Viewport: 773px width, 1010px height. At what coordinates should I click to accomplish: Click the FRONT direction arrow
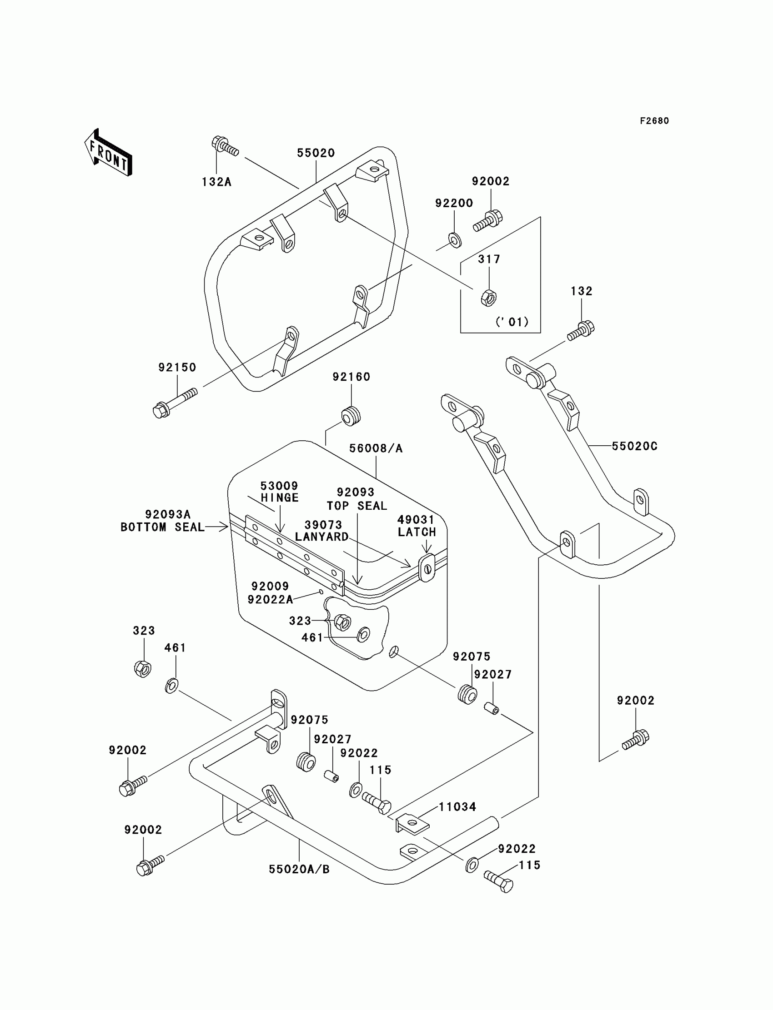(x=109, y=153)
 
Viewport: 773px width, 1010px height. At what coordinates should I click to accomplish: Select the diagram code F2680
(x=654, y=121)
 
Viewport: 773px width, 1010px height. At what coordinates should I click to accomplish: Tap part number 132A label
(x=216, y=182)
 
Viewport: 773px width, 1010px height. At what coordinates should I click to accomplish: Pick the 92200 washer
(x=455, y=240)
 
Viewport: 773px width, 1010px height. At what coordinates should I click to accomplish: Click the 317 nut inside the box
(x=488, y=298)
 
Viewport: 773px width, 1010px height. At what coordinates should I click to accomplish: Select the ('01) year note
(x=512, y=322)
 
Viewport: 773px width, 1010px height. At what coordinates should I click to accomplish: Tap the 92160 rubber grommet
(x=351, y=416)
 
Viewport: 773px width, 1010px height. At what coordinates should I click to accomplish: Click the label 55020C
(x=634, y=446)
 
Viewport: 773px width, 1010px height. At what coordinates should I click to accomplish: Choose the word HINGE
(x=280, y=498)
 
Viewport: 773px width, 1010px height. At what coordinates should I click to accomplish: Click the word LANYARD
(x=321, y=537)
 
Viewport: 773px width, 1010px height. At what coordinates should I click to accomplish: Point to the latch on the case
(x=427, y=568)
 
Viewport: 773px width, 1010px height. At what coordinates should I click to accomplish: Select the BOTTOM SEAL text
(x=162, y=527)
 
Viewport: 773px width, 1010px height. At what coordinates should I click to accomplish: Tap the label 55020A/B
(x=299, y=869)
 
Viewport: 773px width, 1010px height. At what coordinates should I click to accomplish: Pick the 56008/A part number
(x=376, y=448)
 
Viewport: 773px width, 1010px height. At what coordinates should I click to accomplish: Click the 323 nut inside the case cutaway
(x=342, y=622)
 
